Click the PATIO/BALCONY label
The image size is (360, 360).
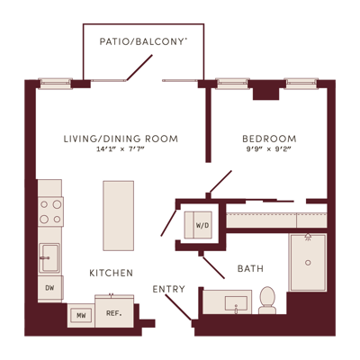(143, 41)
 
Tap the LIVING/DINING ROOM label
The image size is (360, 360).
(121, 139)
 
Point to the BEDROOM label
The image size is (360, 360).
(269, 139)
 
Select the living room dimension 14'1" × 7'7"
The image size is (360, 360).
(121, 149)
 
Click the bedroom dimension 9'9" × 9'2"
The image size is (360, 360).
(269, 149)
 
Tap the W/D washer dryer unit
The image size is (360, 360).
(198, 225)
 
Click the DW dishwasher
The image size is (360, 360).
(50, 288)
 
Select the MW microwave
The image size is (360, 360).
(81, 316)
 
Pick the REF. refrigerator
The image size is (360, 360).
(114, 312)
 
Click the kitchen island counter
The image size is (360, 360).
(118, 215)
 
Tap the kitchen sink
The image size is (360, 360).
(49, 258)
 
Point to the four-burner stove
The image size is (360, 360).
(50, 211)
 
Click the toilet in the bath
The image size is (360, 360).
(267, 301)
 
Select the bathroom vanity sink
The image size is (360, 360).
(237, 304)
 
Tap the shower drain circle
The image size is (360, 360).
(308, 263)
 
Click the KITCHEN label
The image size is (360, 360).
(112, 273)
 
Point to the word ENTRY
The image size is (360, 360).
(168, 289)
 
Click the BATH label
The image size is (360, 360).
(250, 268)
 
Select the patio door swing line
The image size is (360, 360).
(139, 67)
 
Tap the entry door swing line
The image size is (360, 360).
(178, 307)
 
